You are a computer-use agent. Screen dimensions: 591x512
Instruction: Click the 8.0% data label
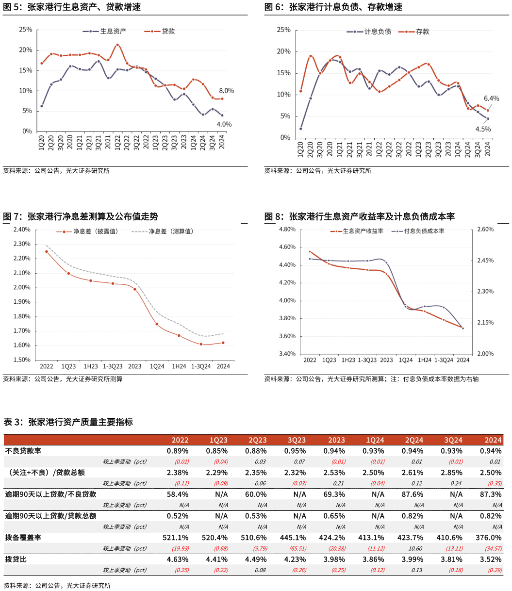226,91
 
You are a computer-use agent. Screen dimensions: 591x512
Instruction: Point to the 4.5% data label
483,129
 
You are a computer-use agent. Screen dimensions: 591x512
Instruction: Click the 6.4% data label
491,98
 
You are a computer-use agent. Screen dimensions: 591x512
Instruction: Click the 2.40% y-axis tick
22,230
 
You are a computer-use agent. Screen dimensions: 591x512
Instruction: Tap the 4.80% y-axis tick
288,229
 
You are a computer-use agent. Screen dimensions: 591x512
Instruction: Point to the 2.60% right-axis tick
485,229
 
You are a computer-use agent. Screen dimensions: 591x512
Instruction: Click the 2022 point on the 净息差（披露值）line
47,251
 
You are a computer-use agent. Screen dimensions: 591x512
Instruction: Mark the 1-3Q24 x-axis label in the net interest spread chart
201,366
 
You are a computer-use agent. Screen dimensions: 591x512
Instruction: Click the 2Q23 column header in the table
257,440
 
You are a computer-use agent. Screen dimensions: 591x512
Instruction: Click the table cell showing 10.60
415,548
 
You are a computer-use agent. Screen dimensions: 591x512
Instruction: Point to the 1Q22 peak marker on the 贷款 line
117,45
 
